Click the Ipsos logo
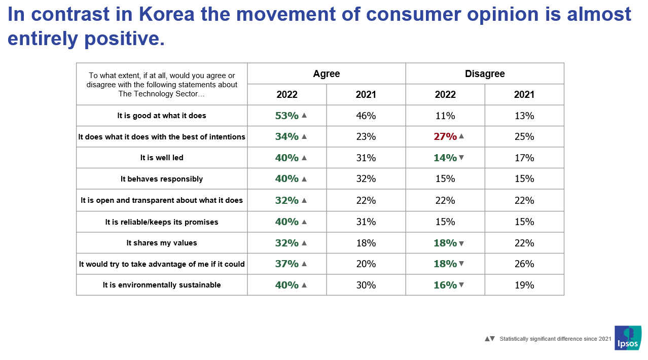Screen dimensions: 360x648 click(628, 338)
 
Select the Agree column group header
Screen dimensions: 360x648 click(326, 74)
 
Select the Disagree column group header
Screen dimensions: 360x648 click(485, 74)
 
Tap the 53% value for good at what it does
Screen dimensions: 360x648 click(286, 116)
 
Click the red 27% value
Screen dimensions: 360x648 click(445, 136)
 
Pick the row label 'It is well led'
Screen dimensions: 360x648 click(162, 158)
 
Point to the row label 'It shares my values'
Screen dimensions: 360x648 click(162, 243)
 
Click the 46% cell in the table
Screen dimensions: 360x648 click(366, 116)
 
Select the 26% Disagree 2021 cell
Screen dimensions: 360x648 click(524, 264)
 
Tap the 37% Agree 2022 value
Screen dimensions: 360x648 click(286, 264)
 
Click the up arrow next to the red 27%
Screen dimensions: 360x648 click(461, 136)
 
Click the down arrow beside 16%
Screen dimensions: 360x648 click(461, 285)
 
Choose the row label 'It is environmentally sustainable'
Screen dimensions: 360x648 click(162, 285)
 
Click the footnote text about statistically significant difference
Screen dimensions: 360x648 click(555, 339)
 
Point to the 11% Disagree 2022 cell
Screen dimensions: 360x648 click(445, 116)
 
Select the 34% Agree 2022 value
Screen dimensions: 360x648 click(286, 136)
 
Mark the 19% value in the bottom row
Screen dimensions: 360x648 click(524, 285)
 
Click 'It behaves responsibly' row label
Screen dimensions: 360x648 click(162, 179)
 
